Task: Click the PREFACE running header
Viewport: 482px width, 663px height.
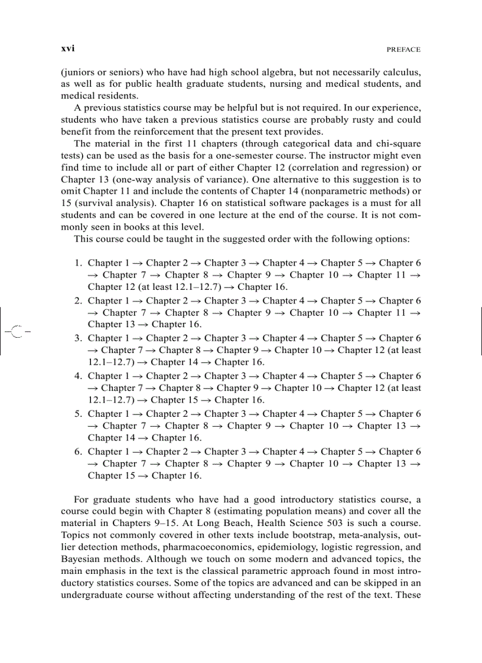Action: (403, 50)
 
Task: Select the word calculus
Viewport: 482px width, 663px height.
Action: (400, 72)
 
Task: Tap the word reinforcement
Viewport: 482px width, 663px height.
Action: (178, 132)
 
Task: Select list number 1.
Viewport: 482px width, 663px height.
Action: (78, 263)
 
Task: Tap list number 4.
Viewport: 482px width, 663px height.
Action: (78, 376)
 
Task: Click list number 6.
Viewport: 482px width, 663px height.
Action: (78, 452)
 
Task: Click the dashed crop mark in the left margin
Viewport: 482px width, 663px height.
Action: (16, 331)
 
